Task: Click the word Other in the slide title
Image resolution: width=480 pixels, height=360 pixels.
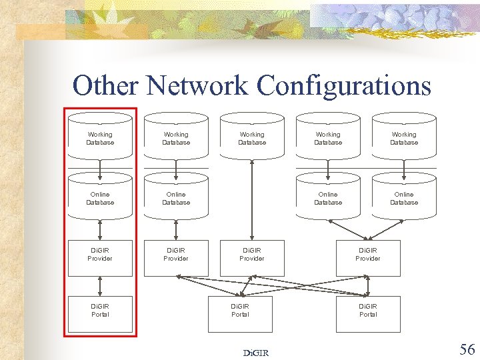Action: click(105, 86)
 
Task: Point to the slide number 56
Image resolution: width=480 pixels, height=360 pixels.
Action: click(467, 349)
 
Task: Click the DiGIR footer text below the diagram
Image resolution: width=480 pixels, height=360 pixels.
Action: click(256, 353)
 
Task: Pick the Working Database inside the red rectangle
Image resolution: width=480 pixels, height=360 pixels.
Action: click(100, 138)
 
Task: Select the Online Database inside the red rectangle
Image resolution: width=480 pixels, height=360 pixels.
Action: click(100, 198)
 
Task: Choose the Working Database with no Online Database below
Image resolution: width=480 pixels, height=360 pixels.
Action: click(252, 138)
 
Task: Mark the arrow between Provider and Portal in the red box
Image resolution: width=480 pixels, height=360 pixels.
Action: click(100, 285)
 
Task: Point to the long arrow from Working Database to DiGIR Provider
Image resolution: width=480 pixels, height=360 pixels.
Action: click(252, 200)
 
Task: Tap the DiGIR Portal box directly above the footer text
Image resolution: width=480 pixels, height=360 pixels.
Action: click(240, 313)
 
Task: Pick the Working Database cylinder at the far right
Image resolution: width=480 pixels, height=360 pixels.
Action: click(404, 138)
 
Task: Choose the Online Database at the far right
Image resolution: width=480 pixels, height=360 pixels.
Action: click(404, 198)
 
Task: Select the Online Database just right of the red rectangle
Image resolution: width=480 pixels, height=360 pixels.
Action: click(176, 198)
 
